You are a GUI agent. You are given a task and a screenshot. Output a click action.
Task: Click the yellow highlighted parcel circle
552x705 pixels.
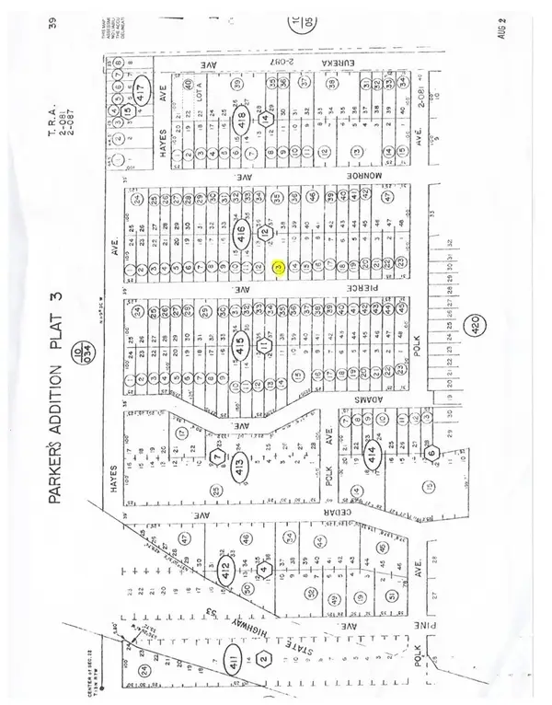279,268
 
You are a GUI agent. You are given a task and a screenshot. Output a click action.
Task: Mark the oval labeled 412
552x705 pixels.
226,572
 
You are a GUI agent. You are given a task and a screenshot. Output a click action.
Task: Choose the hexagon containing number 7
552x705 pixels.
217,457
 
